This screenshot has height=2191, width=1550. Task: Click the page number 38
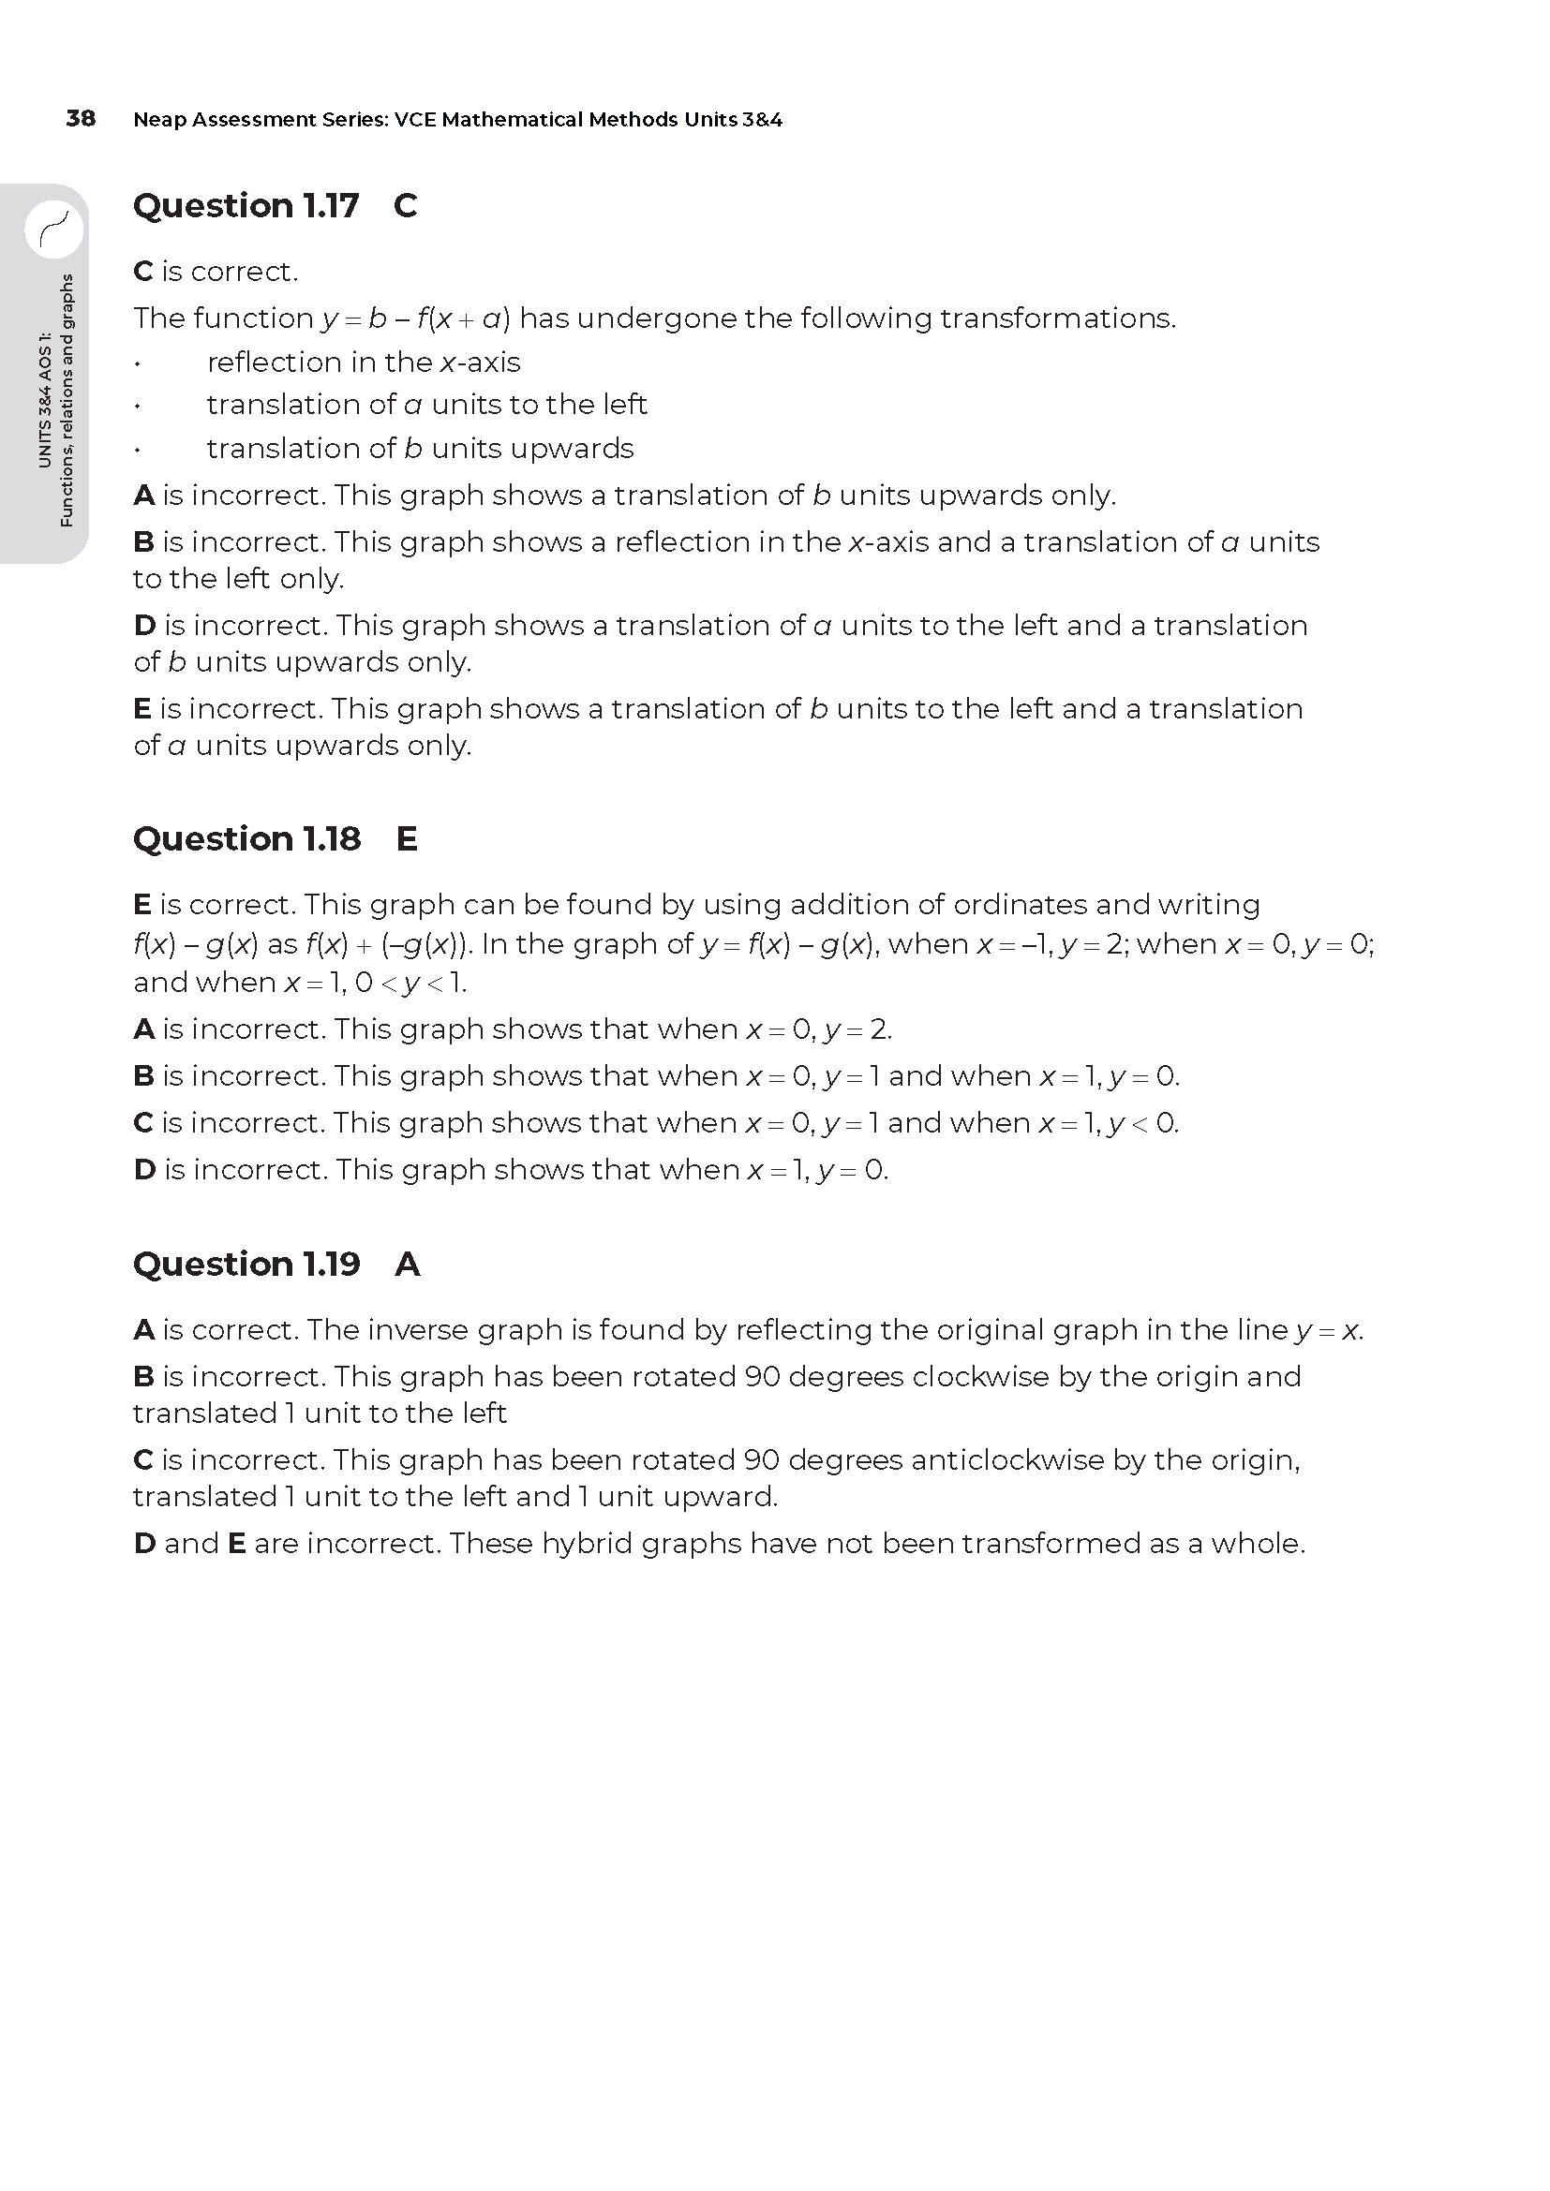coord(81,118)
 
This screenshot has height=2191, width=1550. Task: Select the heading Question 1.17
coord(246,205)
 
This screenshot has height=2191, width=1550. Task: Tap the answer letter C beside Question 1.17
coord(405,205)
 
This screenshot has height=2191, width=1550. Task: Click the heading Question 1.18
coord(246,838)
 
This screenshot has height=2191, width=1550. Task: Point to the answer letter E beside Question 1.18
coord(407,838)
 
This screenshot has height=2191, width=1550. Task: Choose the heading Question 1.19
coord(246,1264)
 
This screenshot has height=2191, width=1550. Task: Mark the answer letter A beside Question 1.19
coord(408,1264)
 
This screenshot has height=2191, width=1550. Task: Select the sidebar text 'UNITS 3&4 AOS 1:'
coord(44,401)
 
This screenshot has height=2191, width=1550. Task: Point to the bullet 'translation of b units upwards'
coord(420,449)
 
